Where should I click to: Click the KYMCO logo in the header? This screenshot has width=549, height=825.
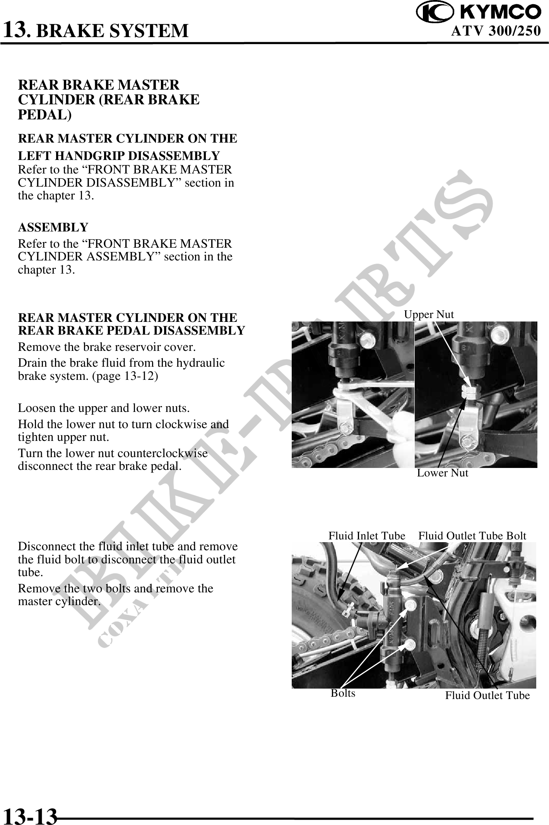pos(479,12)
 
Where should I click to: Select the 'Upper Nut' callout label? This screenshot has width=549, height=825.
pos(429,314)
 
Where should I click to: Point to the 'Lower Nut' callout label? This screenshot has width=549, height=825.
pos(443,473)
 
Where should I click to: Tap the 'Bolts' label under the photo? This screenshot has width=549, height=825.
pos(343,693)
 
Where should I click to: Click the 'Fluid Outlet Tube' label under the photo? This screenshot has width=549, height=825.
pos(487,696)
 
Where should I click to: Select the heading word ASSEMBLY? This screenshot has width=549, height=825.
pos(53,227)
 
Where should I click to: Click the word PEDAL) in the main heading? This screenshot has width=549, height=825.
pos(45,115)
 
